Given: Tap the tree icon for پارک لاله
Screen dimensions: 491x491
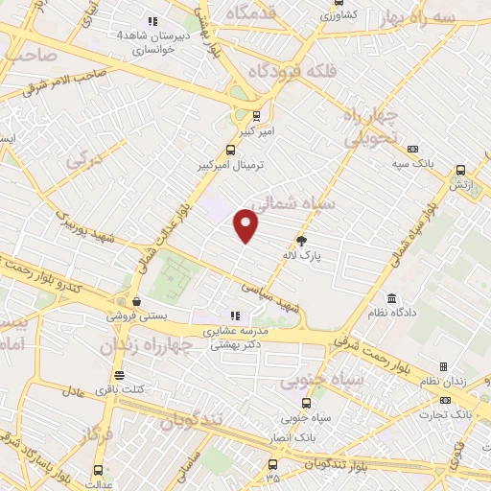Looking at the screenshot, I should point(302,241).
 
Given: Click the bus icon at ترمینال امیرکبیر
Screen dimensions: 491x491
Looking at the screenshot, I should point(229,150).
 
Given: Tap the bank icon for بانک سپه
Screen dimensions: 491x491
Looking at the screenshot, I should point(412,150).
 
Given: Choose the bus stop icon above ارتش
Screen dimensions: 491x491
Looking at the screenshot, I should point(460,165).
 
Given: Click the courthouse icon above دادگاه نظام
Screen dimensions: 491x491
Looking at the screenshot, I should point(391,298).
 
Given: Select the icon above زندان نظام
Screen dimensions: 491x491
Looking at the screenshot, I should point(443,366).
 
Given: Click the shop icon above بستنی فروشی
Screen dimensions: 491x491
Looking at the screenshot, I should point(136,300).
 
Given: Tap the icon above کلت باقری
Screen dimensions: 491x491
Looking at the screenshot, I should point(119,375).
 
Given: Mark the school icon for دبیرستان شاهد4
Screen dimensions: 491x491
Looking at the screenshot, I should point(151,21).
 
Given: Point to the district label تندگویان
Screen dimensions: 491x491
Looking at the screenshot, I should point(193,419).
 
